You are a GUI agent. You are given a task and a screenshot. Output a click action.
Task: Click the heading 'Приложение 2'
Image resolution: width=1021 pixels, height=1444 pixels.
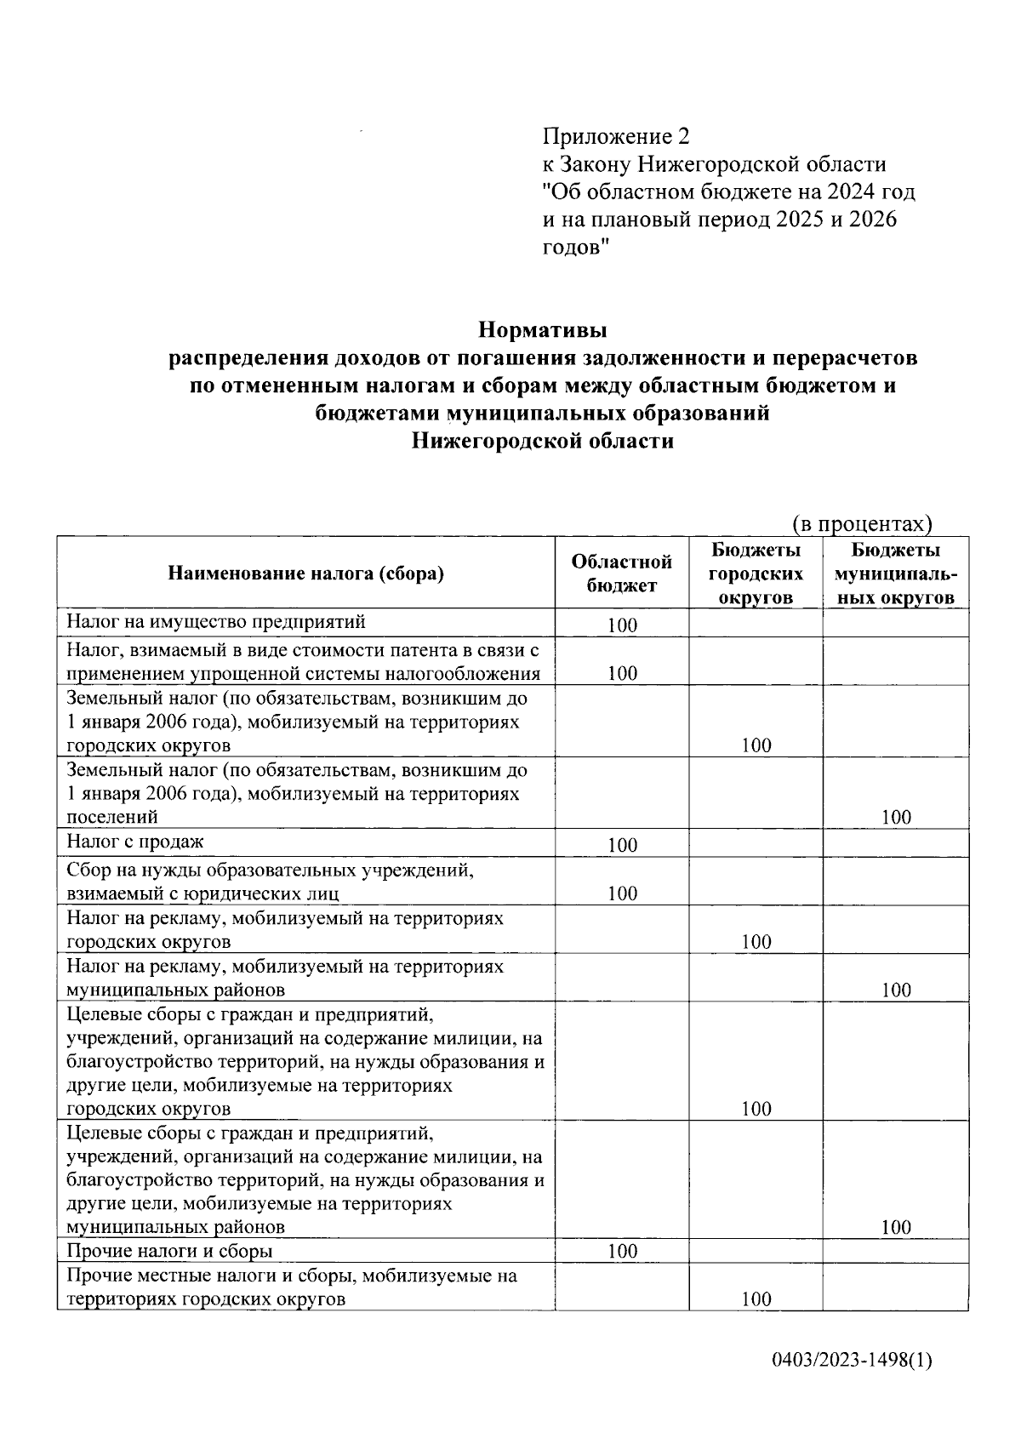pos(617,136)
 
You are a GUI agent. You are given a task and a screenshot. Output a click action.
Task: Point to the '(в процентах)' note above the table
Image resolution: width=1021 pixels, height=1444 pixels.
pos(862,522)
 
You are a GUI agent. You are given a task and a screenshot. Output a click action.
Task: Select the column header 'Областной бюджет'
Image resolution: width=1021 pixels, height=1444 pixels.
pos(622,573)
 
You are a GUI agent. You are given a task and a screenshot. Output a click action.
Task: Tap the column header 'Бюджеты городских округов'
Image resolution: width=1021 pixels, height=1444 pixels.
pos(756,574)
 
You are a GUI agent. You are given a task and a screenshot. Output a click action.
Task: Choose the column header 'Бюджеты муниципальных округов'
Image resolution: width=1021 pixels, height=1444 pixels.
pos(895,574)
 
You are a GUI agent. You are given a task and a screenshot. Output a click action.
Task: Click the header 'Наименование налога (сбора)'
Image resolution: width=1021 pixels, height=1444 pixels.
pos(306,574)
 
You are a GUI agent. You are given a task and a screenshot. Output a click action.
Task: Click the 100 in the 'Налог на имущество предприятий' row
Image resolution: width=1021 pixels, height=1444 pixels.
pos(622,625)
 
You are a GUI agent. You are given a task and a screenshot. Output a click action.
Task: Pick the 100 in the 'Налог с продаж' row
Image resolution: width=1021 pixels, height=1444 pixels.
pos(622,845)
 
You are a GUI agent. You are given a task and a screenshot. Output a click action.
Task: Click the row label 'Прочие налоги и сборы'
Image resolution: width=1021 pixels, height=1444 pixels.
pos(170,1251)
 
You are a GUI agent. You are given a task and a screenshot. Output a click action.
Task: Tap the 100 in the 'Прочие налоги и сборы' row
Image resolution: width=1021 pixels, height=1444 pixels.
pos(622,1251)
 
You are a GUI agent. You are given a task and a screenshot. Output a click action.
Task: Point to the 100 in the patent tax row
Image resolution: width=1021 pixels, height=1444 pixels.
pos(622,674)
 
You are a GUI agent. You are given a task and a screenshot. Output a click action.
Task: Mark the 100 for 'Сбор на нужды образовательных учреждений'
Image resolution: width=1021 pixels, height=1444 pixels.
pos(622,893)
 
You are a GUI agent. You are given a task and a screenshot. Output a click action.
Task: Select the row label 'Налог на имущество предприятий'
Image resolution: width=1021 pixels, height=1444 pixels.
pos(216,621)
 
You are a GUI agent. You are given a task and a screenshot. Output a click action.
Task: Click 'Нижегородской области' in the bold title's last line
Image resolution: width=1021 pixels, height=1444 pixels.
pos(543,441)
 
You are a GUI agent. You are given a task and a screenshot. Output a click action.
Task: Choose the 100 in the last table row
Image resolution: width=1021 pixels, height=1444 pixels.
pos(756,1299)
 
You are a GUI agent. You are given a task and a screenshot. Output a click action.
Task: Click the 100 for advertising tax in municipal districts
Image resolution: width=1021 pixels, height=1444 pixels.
pos(896,990)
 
